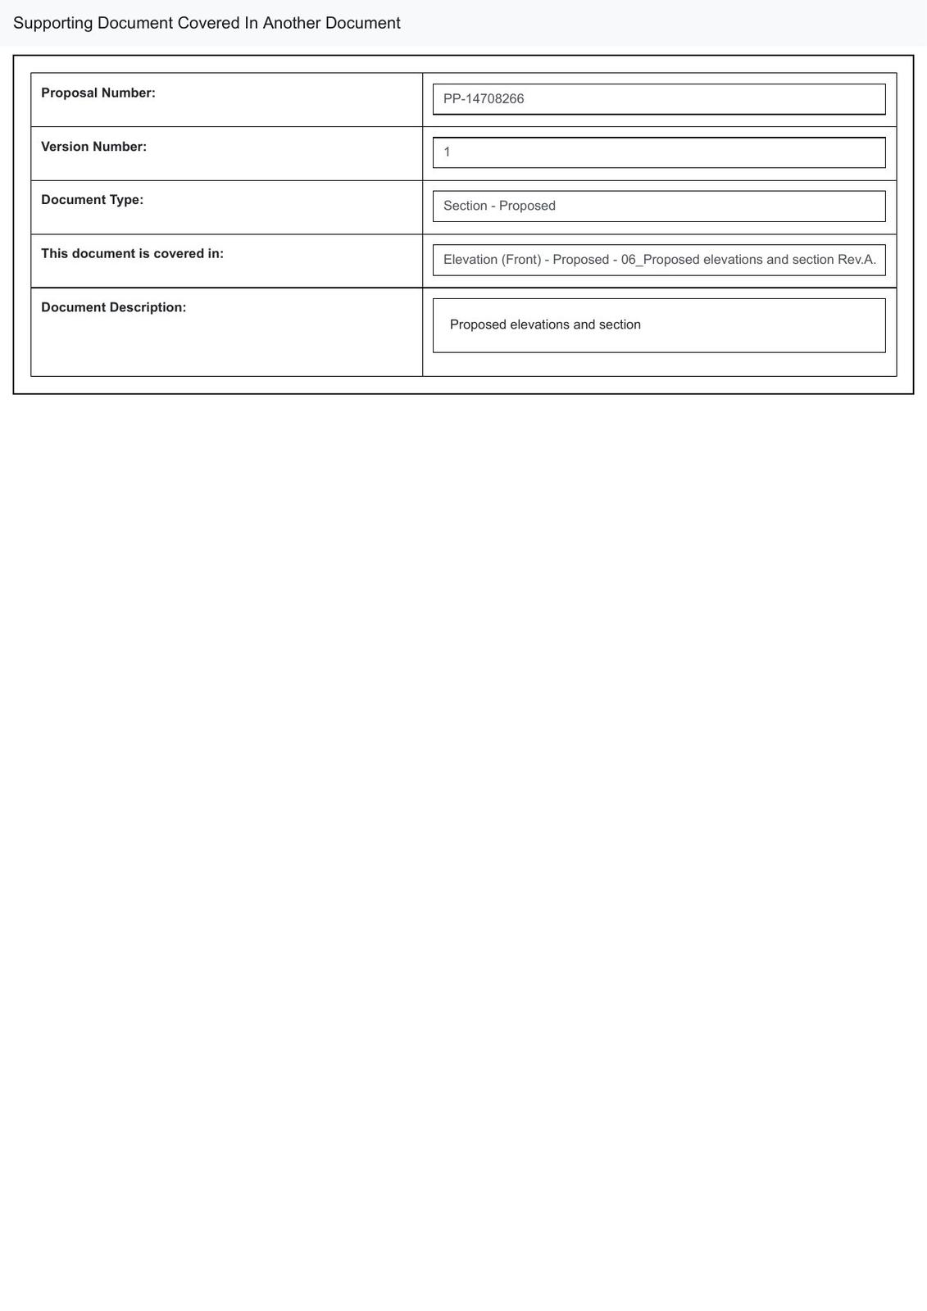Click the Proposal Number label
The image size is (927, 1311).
pyautogui.click(x=98, y=93)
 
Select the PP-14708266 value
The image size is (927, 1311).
pyautogui.click(x=484, y=99)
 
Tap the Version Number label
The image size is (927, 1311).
pyautogui.click(x=93, y=147)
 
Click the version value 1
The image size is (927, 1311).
pyautogui.click(x=448, y=152)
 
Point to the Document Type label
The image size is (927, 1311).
pyautogui.click(x=92, y=200)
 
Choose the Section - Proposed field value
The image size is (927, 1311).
pyautogui.click(x=499, y=206)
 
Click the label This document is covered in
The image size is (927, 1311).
pyautogui.click(x=132, y=254)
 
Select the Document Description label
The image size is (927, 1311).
pyautogui.click(x=113, y=307)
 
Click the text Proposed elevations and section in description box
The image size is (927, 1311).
pyautogui.click(x=545, y=324)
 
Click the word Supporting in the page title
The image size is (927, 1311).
pyautogui.click(x=52, y=23)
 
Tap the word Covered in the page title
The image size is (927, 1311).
pyautogui.click(x=208, y=23)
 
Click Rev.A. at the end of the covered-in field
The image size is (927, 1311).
pyautogui.click(x=857, y=260)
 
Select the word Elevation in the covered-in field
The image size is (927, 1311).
pyautogui.click(x=470, y=260)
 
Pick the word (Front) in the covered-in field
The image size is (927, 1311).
pyautogui.click(x=521, y=260)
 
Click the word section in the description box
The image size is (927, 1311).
pyautogui.click(x=620, y=324)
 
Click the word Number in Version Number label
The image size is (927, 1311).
pyautogui.click(x=120, y=147)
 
